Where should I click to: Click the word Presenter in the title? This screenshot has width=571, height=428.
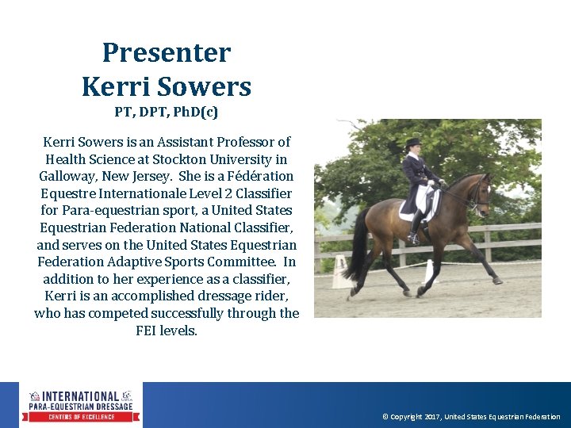pos(167,53)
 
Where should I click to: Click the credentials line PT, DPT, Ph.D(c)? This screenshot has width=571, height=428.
pos(167,112)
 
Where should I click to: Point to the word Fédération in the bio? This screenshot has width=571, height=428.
pos(256,176)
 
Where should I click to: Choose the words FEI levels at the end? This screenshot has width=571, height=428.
pos(167,331)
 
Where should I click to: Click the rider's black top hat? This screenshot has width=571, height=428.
pos(412,143)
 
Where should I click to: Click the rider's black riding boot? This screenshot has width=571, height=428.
pos(415,227)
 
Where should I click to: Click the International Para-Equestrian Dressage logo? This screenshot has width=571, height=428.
pos(81,406)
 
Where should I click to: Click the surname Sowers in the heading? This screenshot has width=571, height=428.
pos(211,86)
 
